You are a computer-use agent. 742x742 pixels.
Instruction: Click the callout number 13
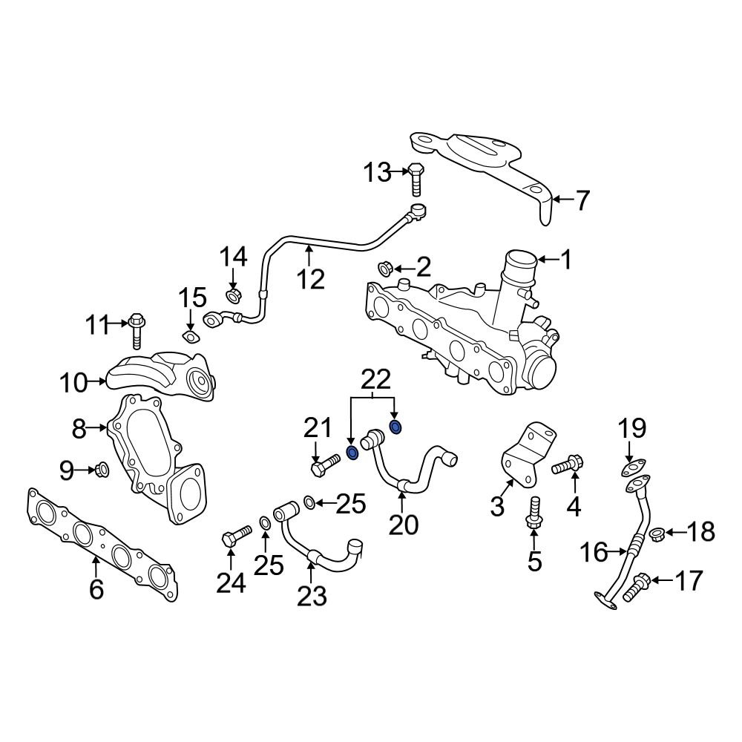[376, 173]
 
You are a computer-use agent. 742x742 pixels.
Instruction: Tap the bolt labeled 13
[416, 180]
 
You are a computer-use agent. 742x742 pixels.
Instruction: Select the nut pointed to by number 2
[385, 267]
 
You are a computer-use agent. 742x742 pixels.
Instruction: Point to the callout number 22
[375, 380]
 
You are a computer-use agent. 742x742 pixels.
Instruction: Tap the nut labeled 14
[232, 296]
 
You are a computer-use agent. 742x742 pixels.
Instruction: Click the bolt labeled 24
[237, 536]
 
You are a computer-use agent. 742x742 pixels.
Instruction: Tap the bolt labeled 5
[533, 513]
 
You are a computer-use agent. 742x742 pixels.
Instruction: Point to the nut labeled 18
[656, 533]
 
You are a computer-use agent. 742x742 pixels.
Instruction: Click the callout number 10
[73, 384]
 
